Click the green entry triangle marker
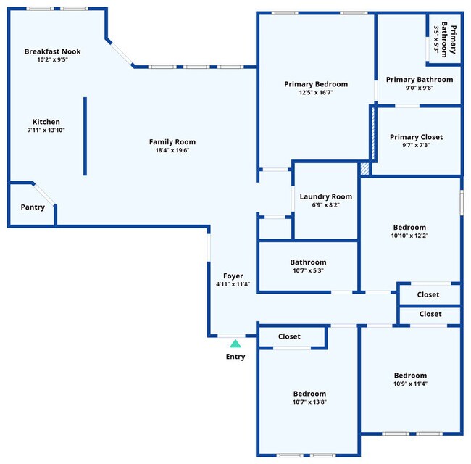click(x=235, y=344)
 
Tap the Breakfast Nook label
click(x=52, y=51)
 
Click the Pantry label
click(x=33, y=207)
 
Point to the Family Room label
click(x=172, y=142)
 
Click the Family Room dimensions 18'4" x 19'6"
click(x=172, y=151)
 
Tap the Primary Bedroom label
click(x=316, y=84)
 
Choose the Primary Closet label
click(x=416, y=137)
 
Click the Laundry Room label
click(x=326, y=196)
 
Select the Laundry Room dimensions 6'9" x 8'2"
click(x=326, y=205)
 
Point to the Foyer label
click(x=233, y=276)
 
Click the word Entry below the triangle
click(x=236, y=357)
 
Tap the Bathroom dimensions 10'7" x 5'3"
click(x=308, y=271)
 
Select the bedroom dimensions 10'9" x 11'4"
click(x=410, y=384)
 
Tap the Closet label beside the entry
click(x=290, y=336)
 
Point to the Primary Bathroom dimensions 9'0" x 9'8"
click(x=420, y=88)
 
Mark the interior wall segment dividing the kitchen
click(x=85, y=136)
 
